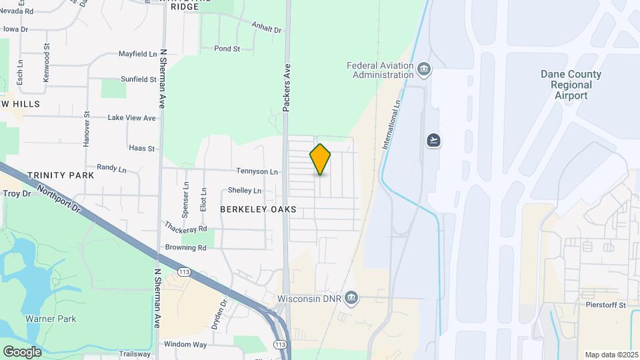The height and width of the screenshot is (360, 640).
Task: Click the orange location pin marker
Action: click(320, 159)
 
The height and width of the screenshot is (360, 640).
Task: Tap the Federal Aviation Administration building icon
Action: click(423, 69)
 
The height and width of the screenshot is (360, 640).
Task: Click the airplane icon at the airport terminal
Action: click(434, 140)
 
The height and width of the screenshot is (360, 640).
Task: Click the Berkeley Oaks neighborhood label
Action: click(258, 209)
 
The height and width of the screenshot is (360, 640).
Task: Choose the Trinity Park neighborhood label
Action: click(61, 175)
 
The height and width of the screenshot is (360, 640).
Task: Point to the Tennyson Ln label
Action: click(257, 171)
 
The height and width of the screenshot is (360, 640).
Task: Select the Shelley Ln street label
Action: click(245, 191)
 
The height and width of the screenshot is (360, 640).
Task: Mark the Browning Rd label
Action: click(186, 247)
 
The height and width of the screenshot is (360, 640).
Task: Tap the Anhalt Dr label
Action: click(267, 29)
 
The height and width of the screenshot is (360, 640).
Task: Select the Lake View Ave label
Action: click(131, 118)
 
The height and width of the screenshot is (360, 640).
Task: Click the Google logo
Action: click(22, 351)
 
